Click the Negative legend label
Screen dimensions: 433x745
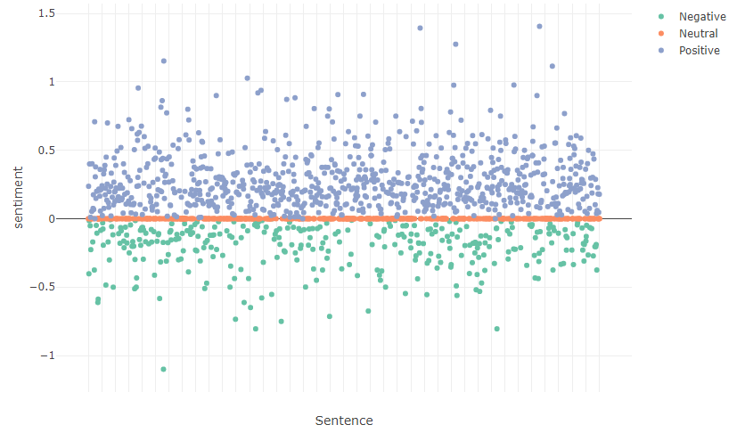(702, 17)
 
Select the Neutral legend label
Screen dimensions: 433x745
(698, 34)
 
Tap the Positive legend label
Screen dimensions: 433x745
(699, 51)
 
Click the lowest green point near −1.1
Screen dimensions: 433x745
(163, 369)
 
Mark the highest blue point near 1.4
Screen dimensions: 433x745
(539, 27)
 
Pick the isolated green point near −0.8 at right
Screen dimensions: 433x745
(496, 329)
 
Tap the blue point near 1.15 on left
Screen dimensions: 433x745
(164, 61)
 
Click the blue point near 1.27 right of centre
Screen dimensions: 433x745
(455, 45)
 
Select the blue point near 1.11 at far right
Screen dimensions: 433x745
(553, 66)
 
